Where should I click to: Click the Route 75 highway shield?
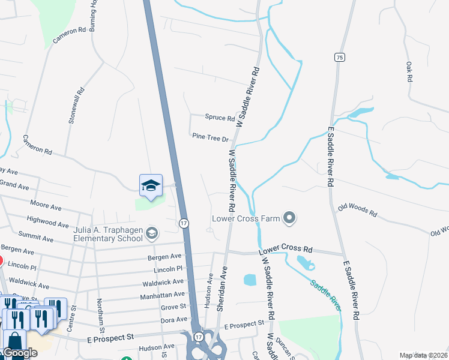click(x=340, y=57)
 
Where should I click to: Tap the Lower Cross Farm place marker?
click(x=290, y=218)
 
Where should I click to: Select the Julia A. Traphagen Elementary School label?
click(x=108, y=233)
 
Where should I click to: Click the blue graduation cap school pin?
click(x=151, y=186)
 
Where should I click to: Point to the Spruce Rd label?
click(x=219, y=118)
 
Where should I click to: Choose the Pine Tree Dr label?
click(x=211, y=137)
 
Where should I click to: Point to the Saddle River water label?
click(x=326, y=294)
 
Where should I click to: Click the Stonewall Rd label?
click(x=77, y=106)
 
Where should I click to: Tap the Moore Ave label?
click(x=46, y=207)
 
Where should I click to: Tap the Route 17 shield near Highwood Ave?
click(x=184, y=223)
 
